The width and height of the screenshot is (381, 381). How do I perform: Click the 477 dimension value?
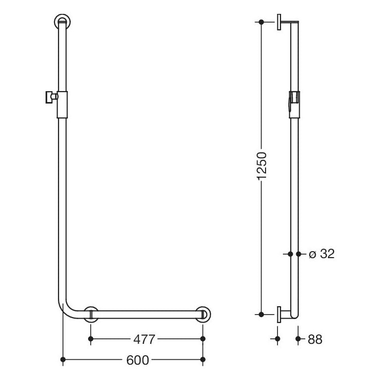coord(144,339)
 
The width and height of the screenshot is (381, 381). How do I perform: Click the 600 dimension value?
coord(138,360)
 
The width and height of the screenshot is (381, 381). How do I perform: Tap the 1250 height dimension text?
coord(262,166)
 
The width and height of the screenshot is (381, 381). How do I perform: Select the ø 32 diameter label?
coord(322,254)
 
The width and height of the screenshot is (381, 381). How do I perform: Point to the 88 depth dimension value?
coord(315,339)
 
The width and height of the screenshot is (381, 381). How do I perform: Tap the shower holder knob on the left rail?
coord(51,97)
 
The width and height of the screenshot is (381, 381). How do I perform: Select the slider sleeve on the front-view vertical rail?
coord(62,105)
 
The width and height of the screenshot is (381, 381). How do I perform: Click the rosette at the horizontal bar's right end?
coord(203,315)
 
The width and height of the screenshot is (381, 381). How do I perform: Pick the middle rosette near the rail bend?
coord(91,315)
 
